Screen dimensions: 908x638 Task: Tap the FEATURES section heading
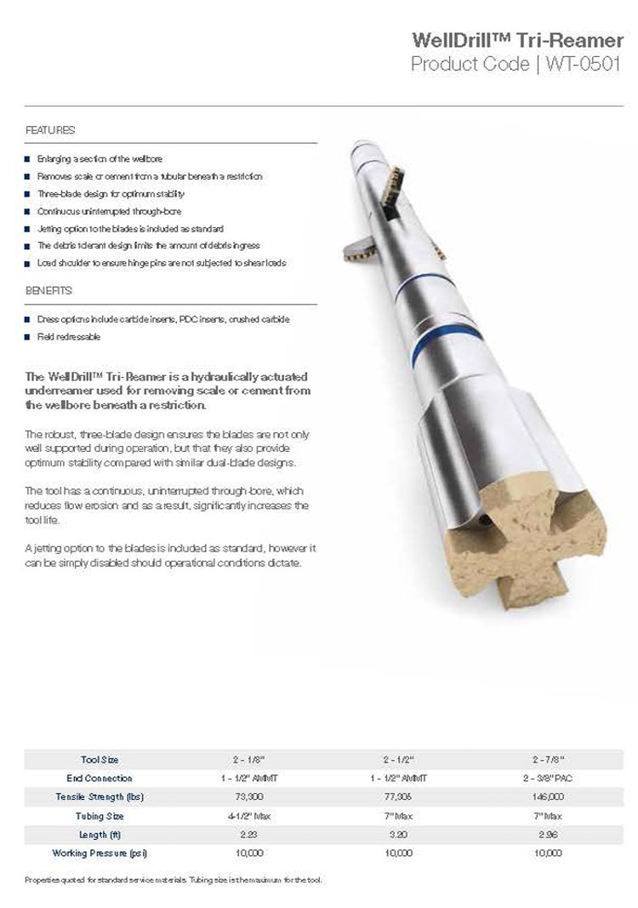[x=50, y=130]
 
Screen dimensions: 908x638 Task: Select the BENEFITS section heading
[x=48, y=290]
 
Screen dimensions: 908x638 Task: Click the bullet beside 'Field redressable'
[x=27, y=337]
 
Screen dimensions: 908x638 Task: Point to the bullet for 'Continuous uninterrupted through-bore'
[x=27, y=210]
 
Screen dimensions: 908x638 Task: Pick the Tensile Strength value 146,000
[x=549, y=797]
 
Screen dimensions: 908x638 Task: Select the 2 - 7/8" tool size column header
[x=549, y=759]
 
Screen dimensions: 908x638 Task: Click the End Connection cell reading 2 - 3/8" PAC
[x=549, y=778]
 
